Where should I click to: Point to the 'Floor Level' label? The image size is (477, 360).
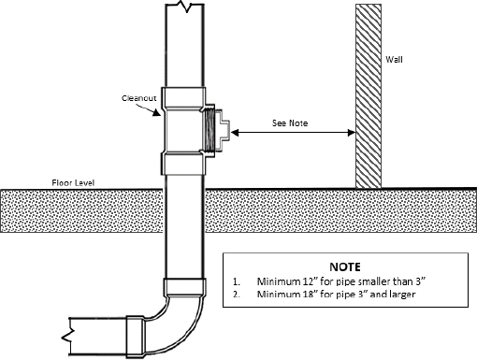tap(74, 181)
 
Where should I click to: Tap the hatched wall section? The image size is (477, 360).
tap(367, 94)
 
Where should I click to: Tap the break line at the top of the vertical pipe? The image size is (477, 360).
tap(183, 7)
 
